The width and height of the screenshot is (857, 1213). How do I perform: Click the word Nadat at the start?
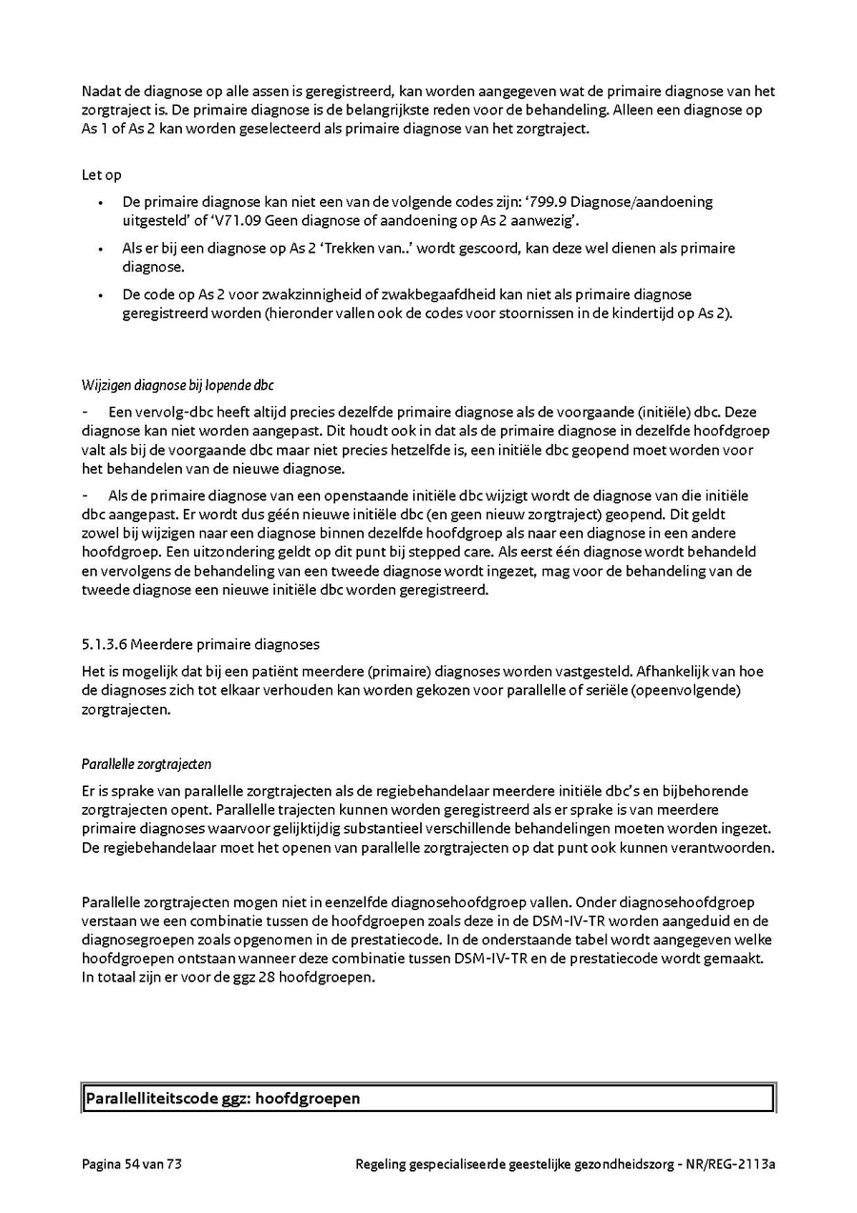pos(100,91)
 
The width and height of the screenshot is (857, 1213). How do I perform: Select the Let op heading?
pos(101,175)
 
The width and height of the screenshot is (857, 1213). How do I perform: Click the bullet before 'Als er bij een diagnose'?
pos(102,249)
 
